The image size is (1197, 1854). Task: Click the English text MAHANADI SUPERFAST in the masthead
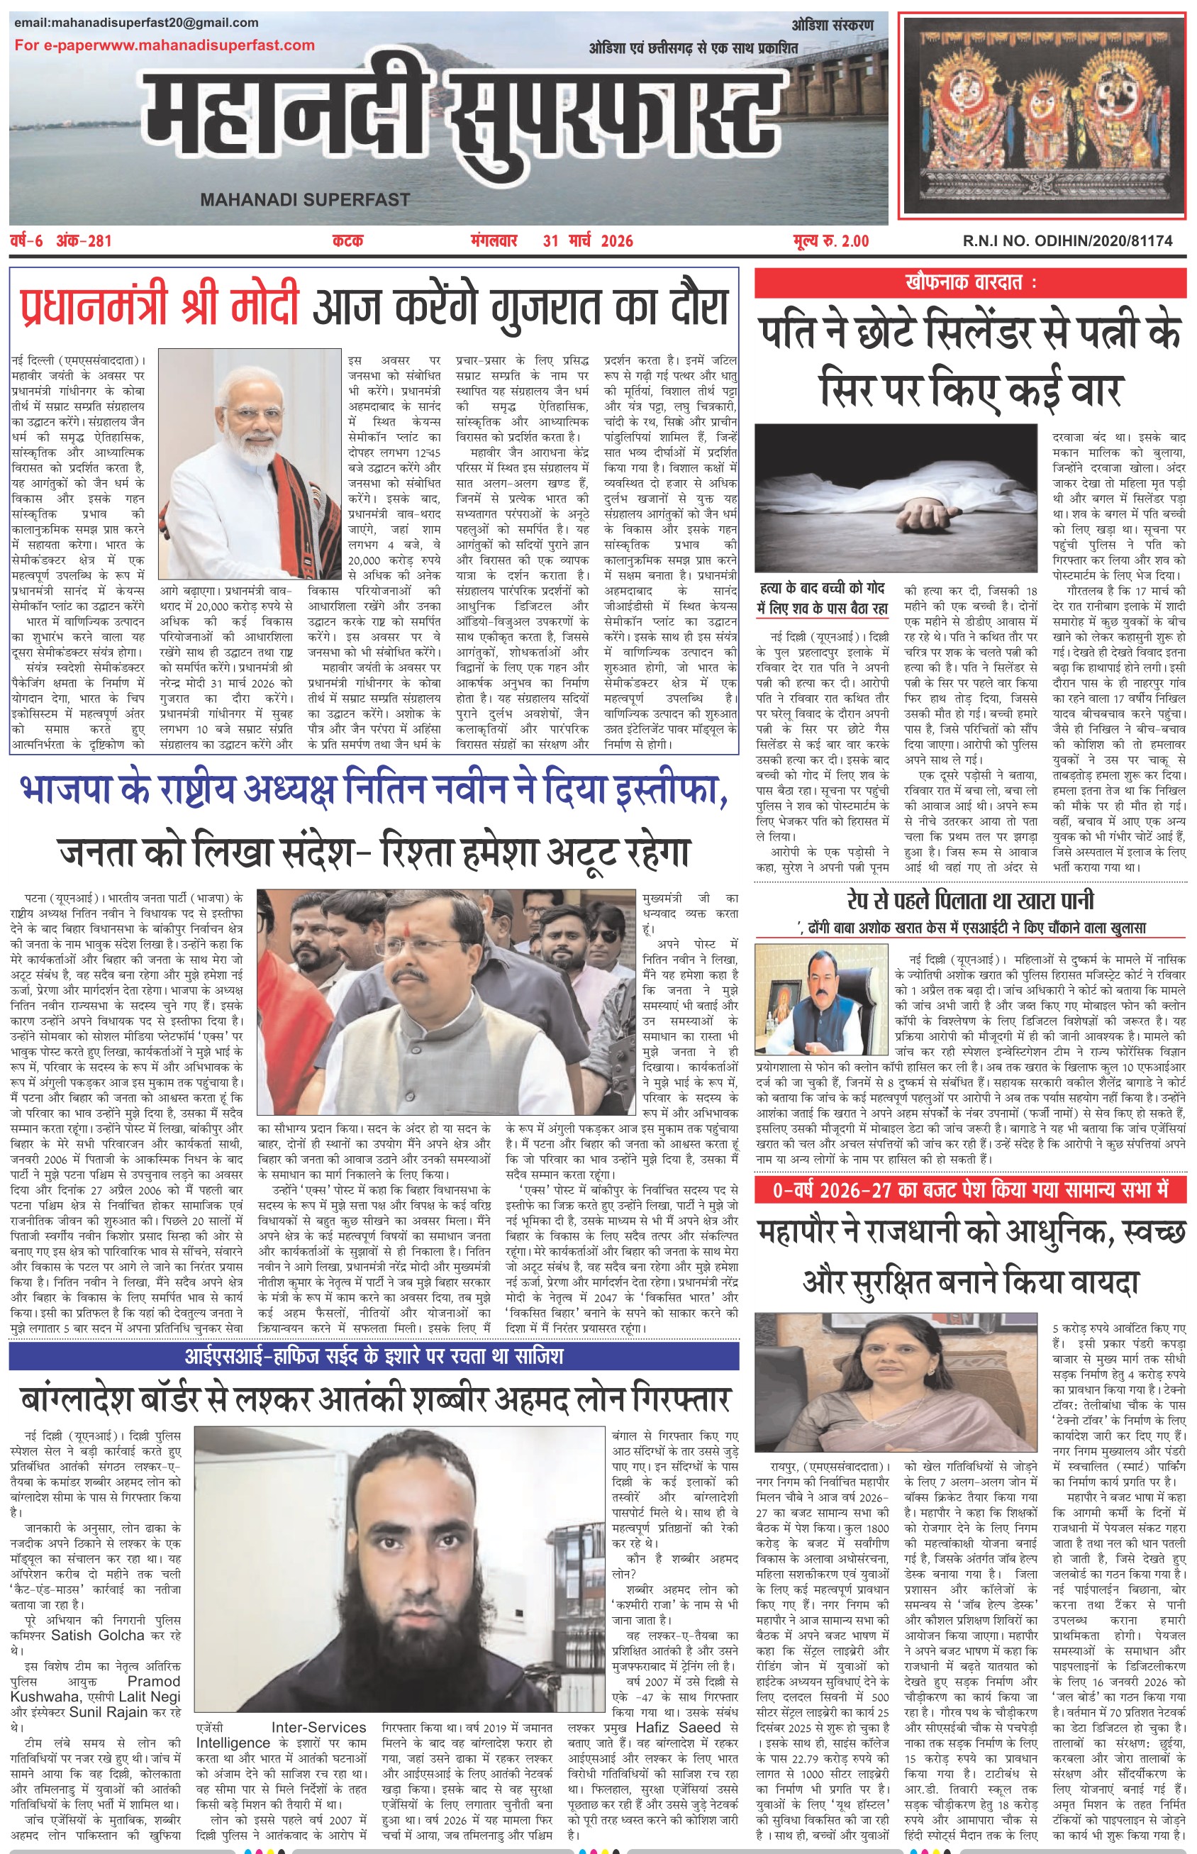tap(305, 200)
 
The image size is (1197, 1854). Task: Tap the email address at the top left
tap(136, 23)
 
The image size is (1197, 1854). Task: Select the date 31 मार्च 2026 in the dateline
tap(588, 241)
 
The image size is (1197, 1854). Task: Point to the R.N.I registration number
tap(1067, 241)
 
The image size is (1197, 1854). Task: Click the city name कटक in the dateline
tap(347, 241)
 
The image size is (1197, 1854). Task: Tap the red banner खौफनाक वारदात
tap(970, 282)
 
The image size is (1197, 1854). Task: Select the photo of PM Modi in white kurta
tap(250, 464)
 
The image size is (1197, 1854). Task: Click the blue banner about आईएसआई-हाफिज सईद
tap(373, 1358)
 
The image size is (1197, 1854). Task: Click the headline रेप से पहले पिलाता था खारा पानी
tap(969, 901)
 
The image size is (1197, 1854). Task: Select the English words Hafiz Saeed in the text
tap(678, 1727)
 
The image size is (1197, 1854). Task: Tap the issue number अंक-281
tap(84, 241)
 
